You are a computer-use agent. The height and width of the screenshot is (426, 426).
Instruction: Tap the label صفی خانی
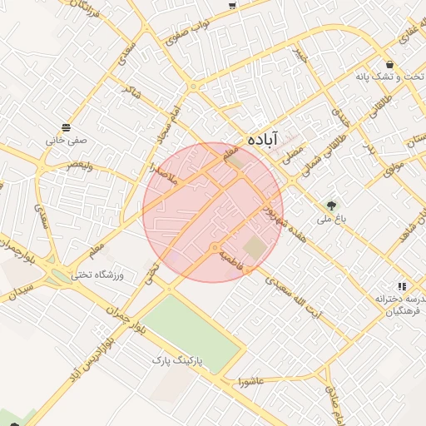[x=67, y=141]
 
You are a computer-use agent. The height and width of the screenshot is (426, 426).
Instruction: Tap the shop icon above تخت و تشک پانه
[x=389, y=64]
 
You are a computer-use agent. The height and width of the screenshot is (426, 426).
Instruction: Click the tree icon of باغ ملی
[x=333, y=205]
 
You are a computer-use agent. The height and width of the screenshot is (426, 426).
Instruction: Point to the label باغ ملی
[x=329, y=220]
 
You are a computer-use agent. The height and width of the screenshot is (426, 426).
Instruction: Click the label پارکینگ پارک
[x=177, y=361]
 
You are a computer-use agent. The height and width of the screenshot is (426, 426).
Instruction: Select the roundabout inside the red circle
[x=215, y=248]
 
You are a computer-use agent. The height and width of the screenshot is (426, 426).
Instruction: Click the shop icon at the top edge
[x=231, y=4]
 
